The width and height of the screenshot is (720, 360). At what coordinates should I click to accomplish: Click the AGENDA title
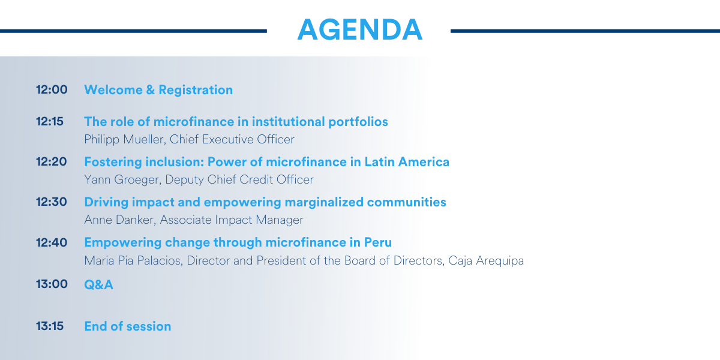359,29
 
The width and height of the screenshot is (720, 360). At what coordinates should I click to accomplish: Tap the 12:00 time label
52,89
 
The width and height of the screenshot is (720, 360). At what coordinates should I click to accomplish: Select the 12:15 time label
50,121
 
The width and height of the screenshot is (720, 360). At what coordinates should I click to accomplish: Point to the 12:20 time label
52,161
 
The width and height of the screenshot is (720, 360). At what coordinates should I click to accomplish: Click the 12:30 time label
52,202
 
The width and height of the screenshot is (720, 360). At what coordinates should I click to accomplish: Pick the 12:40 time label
52,242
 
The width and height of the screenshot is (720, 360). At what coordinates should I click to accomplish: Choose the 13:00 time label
52,284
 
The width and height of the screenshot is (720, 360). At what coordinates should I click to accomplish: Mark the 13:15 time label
50,326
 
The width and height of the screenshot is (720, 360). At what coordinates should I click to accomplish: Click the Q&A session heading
98,285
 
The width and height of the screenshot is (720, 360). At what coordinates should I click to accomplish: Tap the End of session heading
128,326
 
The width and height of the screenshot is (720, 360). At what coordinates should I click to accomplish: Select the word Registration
196,91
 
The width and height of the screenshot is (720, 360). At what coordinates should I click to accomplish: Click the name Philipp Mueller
125,139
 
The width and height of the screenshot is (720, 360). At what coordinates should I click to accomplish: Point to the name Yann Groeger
122,179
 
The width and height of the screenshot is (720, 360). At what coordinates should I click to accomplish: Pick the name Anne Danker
120,220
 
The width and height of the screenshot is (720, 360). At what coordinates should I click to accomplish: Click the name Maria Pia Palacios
133,260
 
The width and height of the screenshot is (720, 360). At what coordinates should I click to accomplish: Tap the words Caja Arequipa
486,260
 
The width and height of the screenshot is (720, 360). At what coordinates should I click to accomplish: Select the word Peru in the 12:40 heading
377,242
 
